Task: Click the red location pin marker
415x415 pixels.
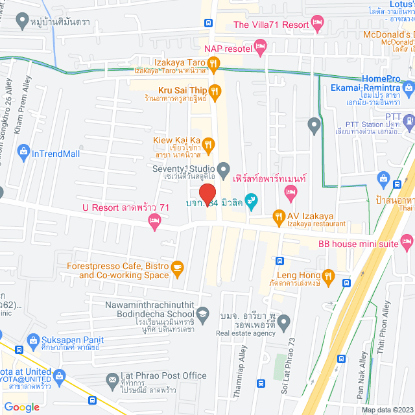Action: (x=206, y=193)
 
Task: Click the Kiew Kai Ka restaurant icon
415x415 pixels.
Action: (x=209, y=143)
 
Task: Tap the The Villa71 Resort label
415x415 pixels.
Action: (x=271, y=25)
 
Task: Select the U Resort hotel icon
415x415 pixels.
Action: (x=154, y=223)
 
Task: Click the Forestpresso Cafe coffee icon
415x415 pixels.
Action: (x=177, y=267)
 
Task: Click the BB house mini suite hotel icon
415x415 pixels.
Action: (x=406, y=237)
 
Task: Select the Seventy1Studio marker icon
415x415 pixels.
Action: (x=223, y=171)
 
